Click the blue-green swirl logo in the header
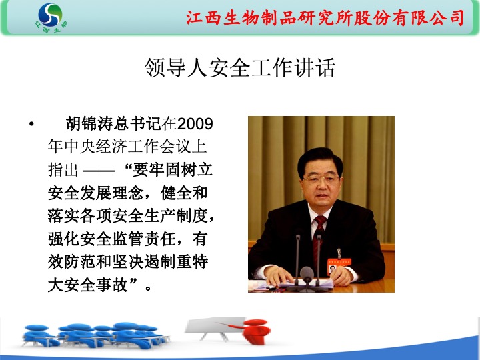(50, 15)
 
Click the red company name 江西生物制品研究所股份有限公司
(325, 18)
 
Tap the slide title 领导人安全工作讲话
(240, 67)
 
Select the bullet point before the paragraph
(31, 124)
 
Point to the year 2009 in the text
(195, 124)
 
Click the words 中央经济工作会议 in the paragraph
(127, 147)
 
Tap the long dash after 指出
(99, 171)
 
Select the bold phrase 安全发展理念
(96, 193)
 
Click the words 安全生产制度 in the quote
(160, 216)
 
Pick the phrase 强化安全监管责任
(112, 239)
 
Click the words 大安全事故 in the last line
(88, 285)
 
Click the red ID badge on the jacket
(338, 265)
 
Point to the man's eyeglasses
(320, 179)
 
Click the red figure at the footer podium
(255, 331)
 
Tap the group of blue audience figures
(95, 335)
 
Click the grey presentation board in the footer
(215, 325)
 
